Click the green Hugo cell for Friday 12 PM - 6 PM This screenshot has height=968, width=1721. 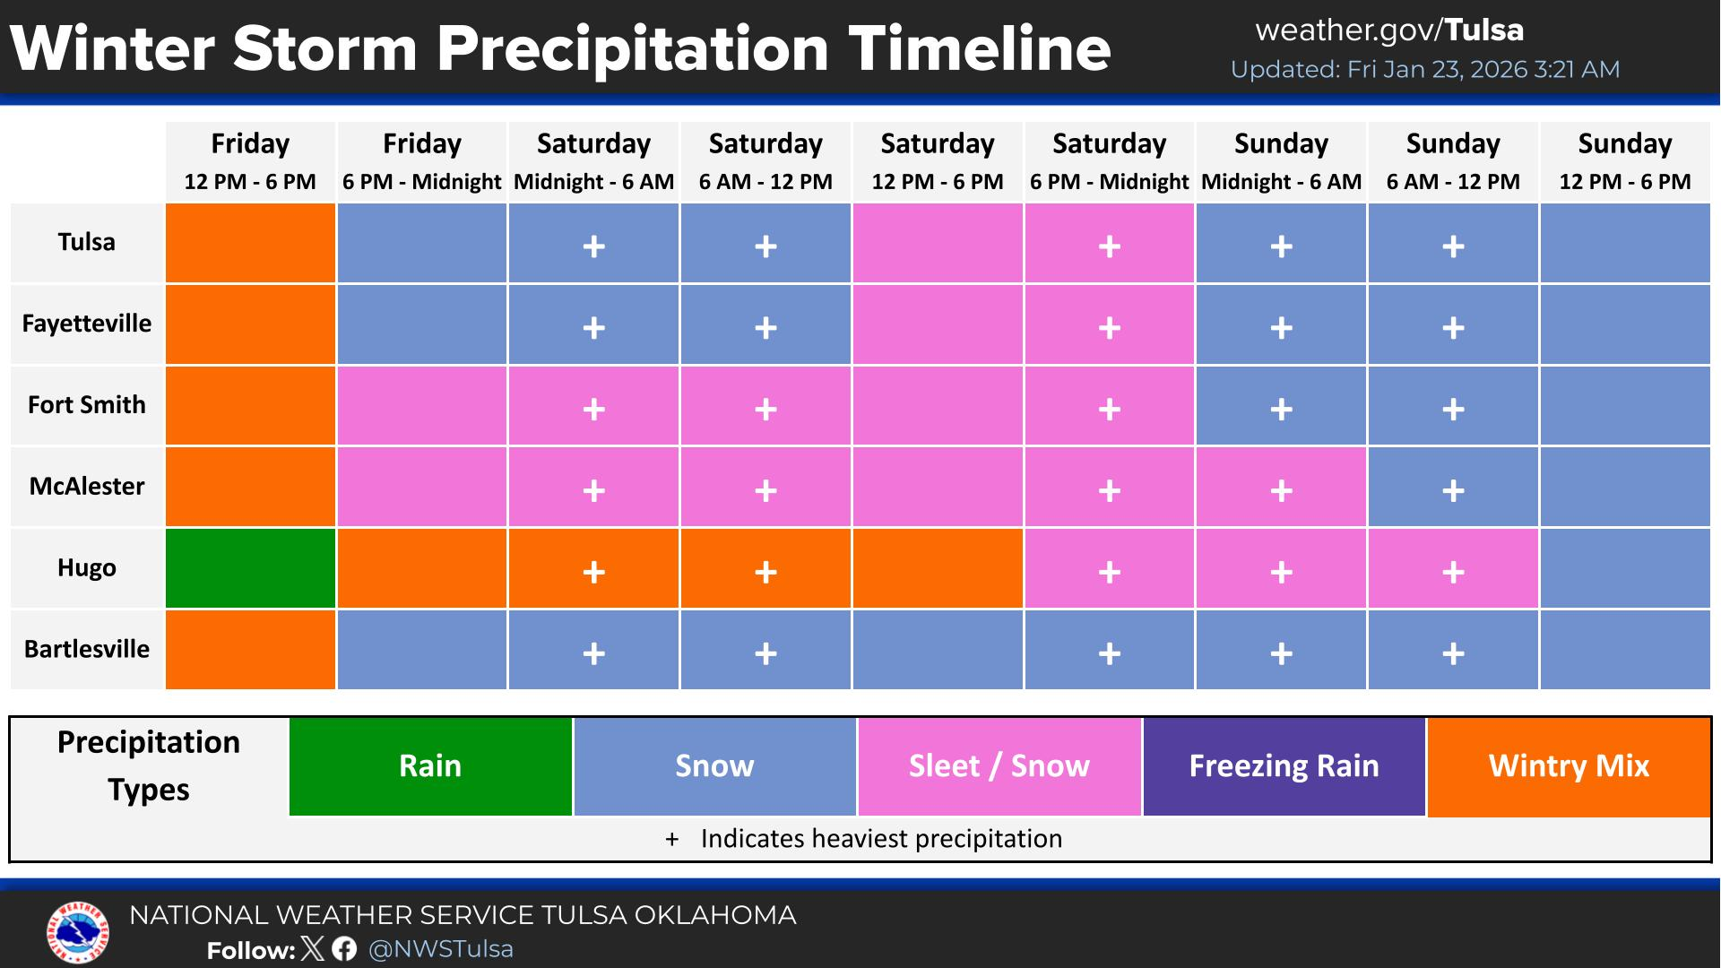pyautogui.click(x=250, y=568)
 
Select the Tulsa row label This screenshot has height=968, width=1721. pyautogui.click(x=87, y=242)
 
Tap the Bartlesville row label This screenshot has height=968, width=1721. pyautogui.click(x=87, y=649)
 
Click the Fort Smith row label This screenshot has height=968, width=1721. pyautogui.click(x=87, y=405)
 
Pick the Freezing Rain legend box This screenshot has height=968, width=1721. pyautogui.click(x=1284, y=766)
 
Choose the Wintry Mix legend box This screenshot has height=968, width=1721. pyautogui.click(x=1569, y=766)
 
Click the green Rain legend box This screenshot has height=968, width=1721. pyautogui.click(x=430, y=766)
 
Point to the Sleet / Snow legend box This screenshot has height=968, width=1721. pyautogui.click(x=999, y=766)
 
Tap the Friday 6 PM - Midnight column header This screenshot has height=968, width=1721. pyautogui.click(x=421, y=161)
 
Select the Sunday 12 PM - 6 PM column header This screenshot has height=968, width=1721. pyautogui.click(x=1624, y=161)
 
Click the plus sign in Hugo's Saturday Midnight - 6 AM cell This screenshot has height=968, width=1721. pyautogui.click(x=593, y=572)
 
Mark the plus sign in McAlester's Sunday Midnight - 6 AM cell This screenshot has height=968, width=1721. pyautogui.click(x=1281, y=490)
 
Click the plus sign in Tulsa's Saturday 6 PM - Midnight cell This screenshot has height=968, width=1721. pyautogui.click(x=1109, y=246)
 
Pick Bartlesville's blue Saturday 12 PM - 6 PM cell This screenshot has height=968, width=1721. pyautogui.click(x=938, y=649)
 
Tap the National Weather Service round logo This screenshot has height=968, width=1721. pyautogui.click(x=77, y=932)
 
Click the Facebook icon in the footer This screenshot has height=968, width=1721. pyautogui.click(x=344, y=949)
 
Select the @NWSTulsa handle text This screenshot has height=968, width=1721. pyautogui.click(x=441, y=949)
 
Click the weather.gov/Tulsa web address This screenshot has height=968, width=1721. pyautogui.click(x=1389, y=30)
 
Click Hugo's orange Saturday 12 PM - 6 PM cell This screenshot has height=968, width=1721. pyautogui.click(x=938, y=568)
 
